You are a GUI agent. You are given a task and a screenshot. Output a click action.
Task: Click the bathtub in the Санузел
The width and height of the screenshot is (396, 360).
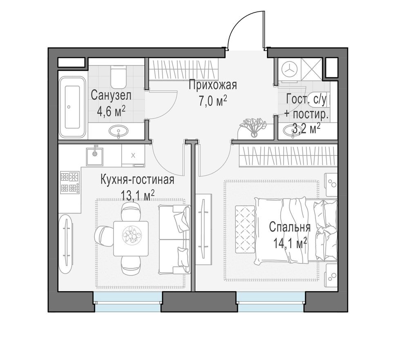click(72, 107)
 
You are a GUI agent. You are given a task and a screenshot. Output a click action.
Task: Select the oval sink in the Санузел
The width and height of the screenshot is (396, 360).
click(119, 131)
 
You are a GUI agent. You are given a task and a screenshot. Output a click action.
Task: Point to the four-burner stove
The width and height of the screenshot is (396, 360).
click(69, 182)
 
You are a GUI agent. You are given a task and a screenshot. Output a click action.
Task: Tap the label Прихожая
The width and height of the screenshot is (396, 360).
click(213, 85)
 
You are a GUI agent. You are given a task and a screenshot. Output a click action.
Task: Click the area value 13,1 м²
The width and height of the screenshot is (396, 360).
click(138, 196)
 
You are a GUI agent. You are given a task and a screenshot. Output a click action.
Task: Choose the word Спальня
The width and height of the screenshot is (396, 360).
click(290, 227)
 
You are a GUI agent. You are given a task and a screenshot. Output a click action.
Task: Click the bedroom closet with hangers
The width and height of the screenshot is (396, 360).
click(288, 156)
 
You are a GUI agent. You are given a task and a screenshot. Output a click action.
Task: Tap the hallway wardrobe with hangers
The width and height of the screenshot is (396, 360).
click(183, 69)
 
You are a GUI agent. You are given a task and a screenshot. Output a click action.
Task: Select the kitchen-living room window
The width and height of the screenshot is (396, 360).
click(128, 302)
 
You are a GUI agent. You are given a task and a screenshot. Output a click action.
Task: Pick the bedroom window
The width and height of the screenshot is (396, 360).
click(271, 302)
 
